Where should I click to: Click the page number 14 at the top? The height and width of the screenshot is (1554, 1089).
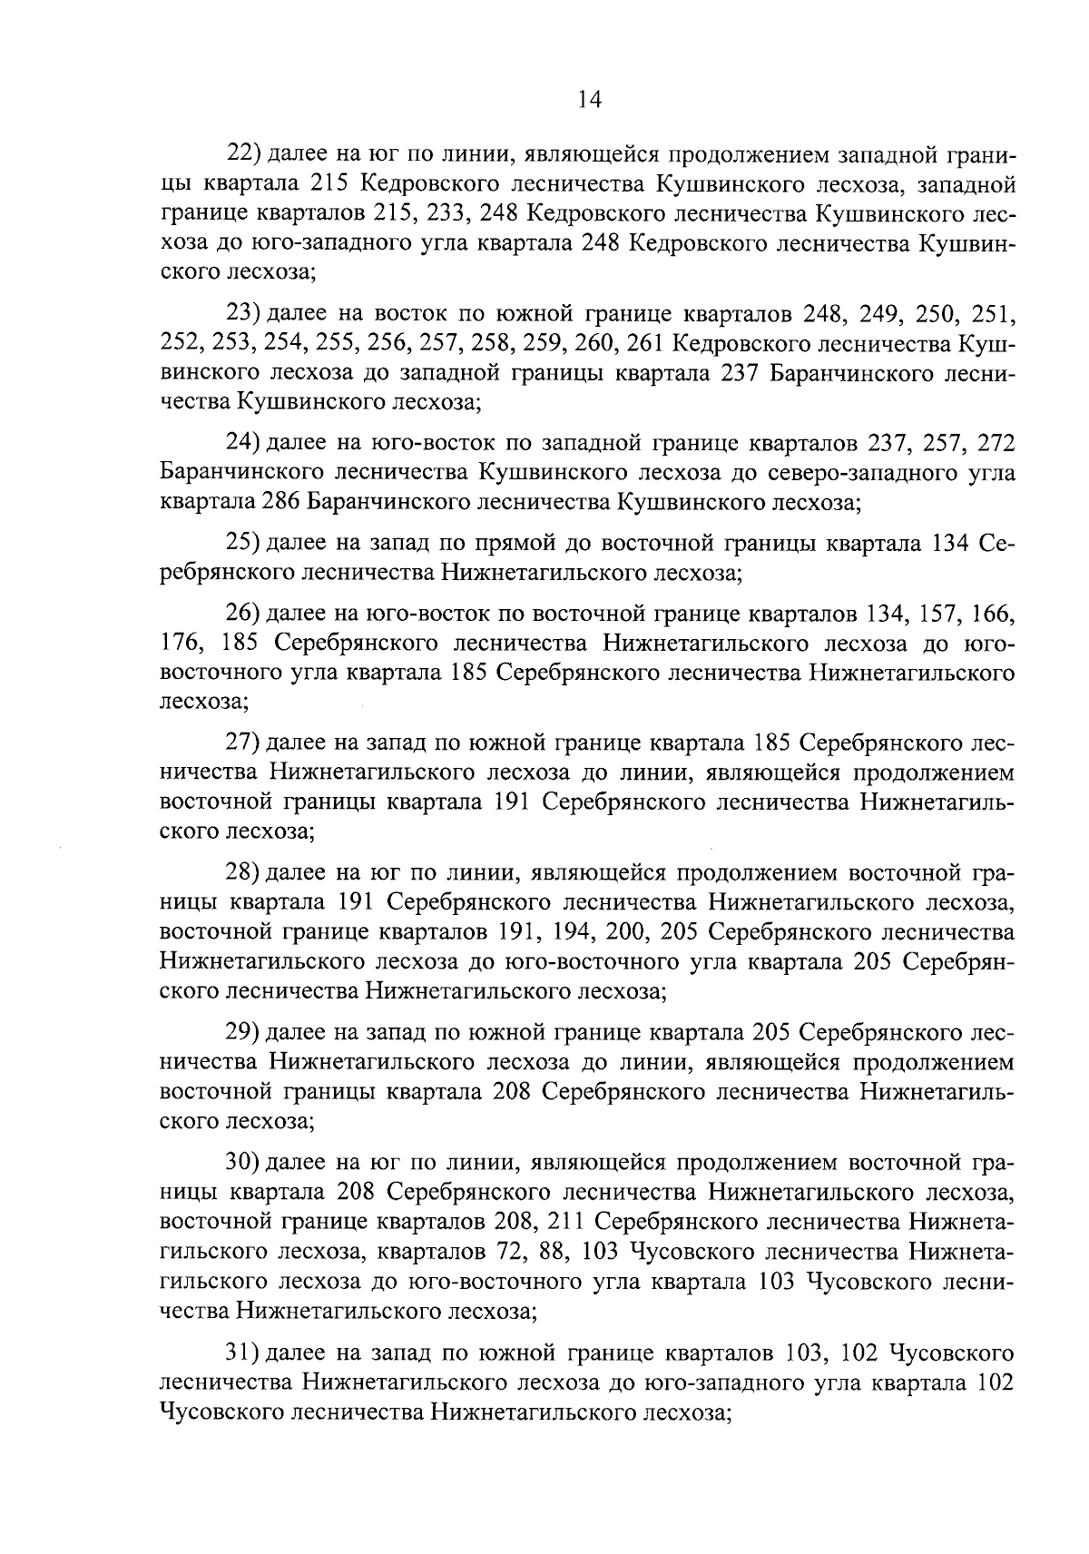coord(589,100)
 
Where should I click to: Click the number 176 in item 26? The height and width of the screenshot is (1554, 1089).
coord(179,644)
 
